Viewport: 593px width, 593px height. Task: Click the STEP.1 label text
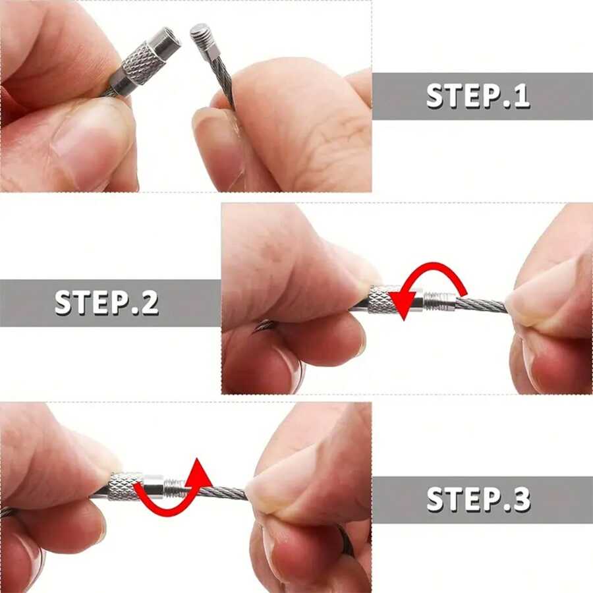coord(478,96)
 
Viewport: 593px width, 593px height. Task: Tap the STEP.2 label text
coord(107,302)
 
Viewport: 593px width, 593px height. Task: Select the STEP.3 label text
coord(478,499)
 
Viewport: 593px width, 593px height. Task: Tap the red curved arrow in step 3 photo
coord(173,491)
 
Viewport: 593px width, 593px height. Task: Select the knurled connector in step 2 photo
coord(383,300)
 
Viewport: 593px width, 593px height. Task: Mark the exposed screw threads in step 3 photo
coord(174,488)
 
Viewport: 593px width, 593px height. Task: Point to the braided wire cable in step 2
coord(481,304)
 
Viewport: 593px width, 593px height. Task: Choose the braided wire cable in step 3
coord(221,492)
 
